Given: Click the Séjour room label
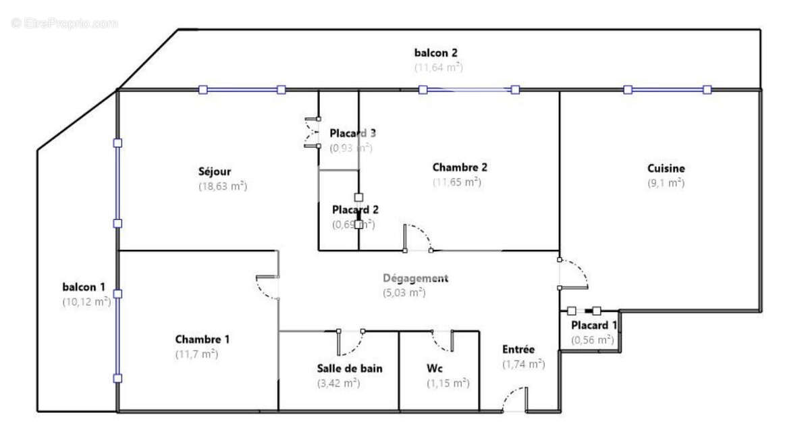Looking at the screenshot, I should point(215,172).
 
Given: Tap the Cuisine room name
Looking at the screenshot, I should point(666,168).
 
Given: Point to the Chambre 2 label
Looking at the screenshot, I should point(460,167).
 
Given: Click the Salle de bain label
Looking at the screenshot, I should point(350,368).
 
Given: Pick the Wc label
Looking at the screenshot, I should point(434,368).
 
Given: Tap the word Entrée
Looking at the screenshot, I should point(518,349).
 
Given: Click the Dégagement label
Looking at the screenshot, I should point(415,278).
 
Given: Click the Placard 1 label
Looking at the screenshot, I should point(594,326).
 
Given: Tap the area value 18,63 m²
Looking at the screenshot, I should point(223,186).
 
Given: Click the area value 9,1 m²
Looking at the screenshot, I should point(666,182).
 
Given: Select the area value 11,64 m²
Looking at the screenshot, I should point(439,67).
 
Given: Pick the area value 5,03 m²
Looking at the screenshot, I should point(404,292).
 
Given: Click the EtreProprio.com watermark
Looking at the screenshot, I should point(65,24).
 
